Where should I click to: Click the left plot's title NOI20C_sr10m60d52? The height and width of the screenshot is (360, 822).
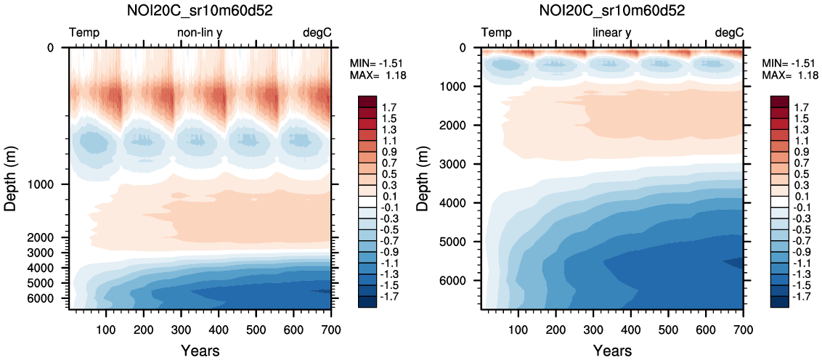point(200,12)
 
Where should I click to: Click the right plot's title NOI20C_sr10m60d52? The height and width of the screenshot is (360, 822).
point(613,12)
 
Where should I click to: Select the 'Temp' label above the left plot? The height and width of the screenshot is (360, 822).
point(84,33)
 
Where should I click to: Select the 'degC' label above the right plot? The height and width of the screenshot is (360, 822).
point(729,33)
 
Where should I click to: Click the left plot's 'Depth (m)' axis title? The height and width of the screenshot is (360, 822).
point(10,179)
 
